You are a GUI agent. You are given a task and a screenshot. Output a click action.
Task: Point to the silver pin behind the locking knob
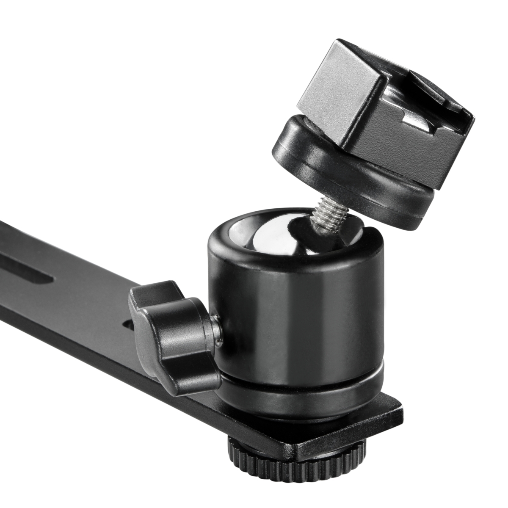pyautogui.click(x=216, y=326)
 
